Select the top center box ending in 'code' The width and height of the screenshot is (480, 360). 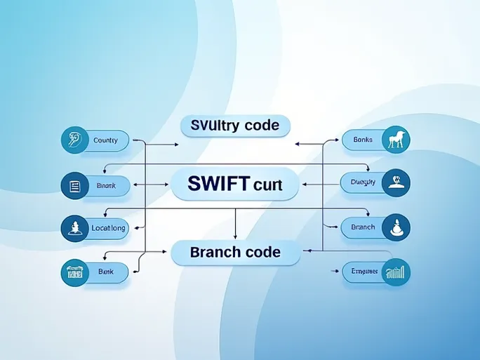235,126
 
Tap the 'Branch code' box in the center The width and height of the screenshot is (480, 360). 235,253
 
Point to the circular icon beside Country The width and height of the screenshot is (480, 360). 74,140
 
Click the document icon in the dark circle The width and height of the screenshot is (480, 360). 74,186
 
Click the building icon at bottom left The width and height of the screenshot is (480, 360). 74,272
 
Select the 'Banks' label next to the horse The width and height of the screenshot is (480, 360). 363,140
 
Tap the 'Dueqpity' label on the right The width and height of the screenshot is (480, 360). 363,182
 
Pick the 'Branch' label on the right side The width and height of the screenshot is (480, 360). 363,227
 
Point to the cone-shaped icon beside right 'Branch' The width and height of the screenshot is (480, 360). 396,227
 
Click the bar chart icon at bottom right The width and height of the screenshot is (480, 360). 396,272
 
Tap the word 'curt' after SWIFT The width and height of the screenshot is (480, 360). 266,185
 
